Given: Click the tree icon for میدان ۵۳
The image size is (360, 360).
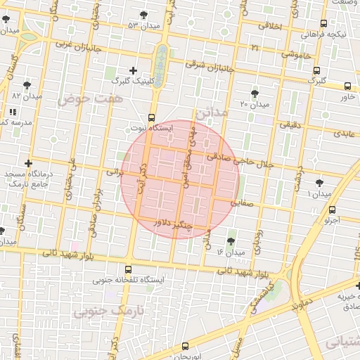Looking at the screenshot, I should tap(144, 15).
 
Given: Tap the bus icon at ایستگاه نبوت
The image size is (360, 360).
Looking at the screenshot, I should tap(151, 117).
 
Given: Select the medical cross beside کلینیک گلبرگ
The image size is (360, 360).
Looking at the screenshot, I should tap(134, 70).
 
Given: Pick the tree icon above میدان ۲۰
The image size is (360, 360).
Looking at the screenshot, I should tap(255, 93).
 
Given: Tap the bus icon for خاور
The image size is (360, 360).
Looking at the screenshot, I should tap(347, 86).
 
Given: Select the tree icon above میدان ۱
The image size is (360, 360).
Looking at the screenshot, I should tap(320, 181).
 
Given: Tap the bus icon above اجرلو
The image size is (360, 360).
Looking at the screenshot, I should tap(332, 210).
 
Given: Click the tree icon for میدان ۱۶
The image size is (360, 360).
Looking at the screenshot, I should tap(231, 240).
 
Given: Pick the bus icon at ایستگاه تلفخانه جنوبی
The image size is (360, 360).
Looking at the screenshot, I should tap(127, 269).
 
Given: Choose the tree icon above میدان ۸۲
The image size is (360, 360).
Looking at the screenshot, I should tap(27, 85).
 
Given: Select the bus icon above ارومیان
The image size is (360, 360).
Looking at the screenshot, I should tap(185, 346).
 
